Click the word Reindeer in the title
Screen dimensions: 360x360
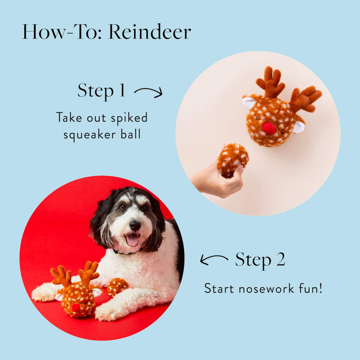149,32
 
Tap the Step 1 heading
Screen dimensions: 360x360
101,90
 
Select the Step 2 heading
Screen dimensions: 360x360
260,259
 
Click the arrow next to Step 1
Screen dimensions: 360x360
148,91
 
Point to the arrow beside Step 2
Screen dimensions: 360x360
214,259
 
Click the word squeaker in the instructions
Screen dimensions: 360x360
91,134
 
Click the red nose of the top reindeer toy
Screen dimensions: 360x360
269,128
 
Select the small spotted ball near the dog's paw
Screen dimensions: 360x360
116,287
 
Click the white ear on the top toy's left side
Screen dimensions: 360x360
249,102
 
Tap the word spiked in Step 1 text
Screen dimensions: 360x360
126,118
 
